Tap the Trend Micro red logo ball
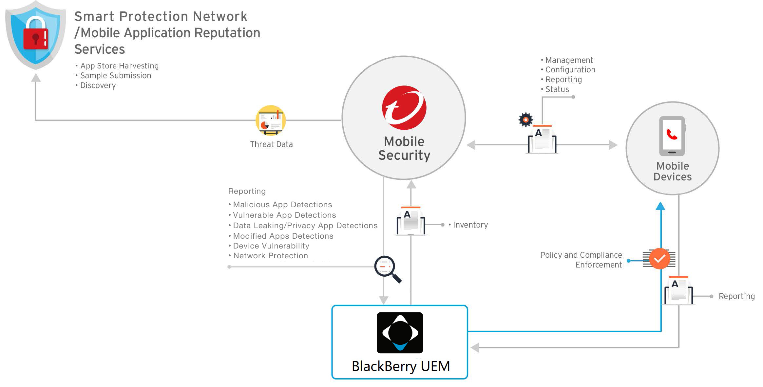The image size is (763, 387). (404, 108)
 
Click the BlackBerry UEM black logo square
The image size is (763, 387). (400, 333)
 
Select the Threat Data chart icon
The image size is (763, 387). (271, 120)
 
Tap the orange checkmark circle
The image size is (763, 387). (659, 259)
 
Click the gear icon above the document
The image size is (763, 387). (526, 120)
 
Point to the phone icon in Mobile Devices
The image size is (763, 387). (672, 136)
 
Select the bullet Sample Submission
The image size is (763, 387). (115, 76)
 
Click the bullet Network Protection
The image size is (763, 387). (270, 256)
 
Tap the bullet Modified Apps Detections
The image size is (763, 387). (283, 236)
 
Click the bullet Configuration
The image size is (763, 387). (570, 70)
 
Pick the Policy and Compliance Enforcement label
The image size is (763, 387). (581, 260)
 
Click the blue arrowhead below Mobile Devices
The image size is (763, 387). (660, 206)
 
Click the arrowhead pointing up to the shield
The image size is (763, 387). (36, 78)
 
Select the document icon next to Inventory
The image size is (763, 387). (411, 221)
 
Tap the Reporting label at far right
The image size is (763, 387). (736, 296)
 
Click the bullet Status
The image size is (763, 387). (557, 89)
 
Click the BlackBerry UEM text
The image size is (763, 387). (400, 366)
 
